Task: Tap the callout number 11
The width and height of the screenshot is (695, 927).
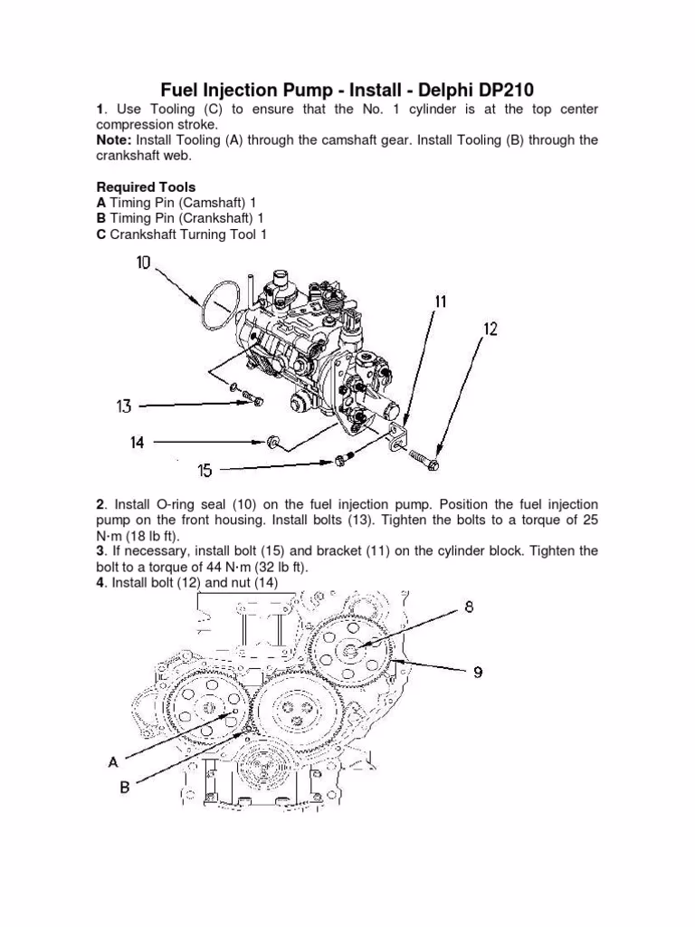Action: click(x=440, y=301)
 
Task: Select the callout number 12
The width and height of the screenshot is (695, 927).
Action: click(x=490, y=330)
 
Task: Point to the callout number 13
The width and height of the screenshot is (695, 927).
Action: click(x=125, y=406)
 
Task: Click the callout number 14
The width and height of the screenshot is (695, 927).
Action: click(x=138, y=443)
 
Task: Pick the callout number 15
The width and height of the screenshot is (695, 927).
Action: click(x=205, y=470)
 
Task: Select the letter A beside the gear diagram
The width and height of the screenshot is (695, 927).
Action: click(x=114, y=762)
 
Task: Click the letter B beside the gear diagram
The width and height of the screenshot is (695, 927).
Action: click(x=124, y=788)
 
